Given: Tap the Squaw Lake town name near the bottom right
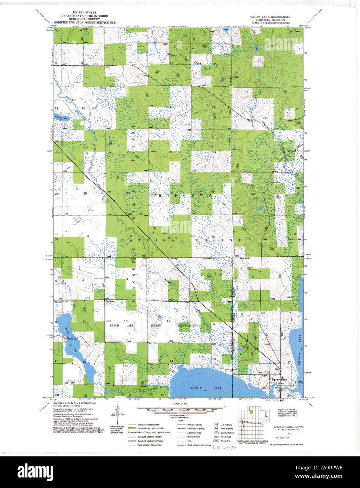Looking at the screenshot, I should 279,380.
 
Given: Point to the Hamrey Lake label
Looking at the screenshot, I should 60,118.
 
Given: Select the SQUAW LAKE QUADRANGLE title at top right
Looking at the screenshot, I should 270,17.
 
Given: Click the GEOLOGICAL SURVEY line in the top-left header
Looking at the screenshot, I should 84,19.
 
